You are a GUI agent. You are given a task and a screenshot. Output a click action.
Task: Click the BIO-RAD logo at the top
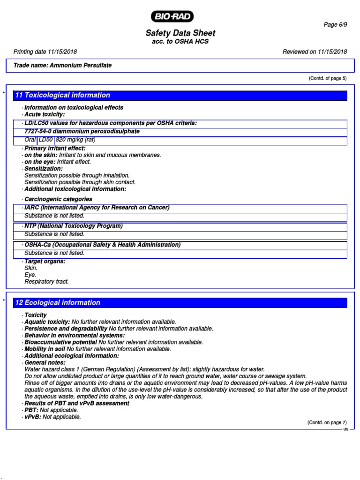(x=172, y=17)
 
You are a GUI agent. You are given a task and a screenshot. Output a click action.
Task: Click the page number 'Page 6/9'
(x=335, y=25)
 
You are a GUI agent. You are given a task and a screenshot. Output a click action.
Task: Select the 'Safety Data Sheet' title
(x=180, y=33)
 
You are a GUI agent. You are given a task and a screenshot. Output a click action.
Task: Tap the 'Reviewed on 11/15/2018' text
(x=315, y=52)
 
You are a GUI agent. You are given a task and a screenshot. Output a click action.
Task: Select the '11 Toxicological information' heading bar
(x=180, y=95)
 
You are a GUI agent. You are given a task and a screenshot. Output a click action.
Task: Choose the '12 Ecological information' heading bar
(x=180, y=303)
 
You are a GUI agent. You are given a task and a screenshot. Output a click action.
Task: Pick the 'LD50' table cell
(x=46, y=140)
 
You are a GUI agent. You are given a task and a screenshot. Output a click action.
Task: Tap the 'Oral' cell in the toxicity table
(x=30, y=140)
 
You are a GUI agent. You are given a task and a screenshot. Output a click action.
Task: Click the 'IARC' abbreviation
(x=32, y=208)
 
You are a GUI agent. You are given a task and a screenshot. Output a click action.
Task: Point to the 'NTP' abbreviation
(x=30, y=226)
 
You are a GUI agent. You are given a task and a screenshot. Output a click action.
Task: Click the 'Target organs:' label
(x=45, y=261)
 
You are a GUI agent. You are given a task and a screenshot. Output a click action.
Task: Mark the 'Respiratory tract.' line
(x=46, y=282)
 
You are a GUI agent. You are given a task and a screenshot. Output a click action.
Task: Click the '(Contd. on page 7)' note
(x=327, y=422)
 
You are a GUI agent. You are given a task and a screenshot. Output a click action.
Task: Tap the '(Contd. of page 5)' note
(x=327, y=78)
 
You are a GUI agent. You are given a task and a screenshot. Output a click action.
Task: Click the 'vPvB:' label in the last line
(x=32, y=417)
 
